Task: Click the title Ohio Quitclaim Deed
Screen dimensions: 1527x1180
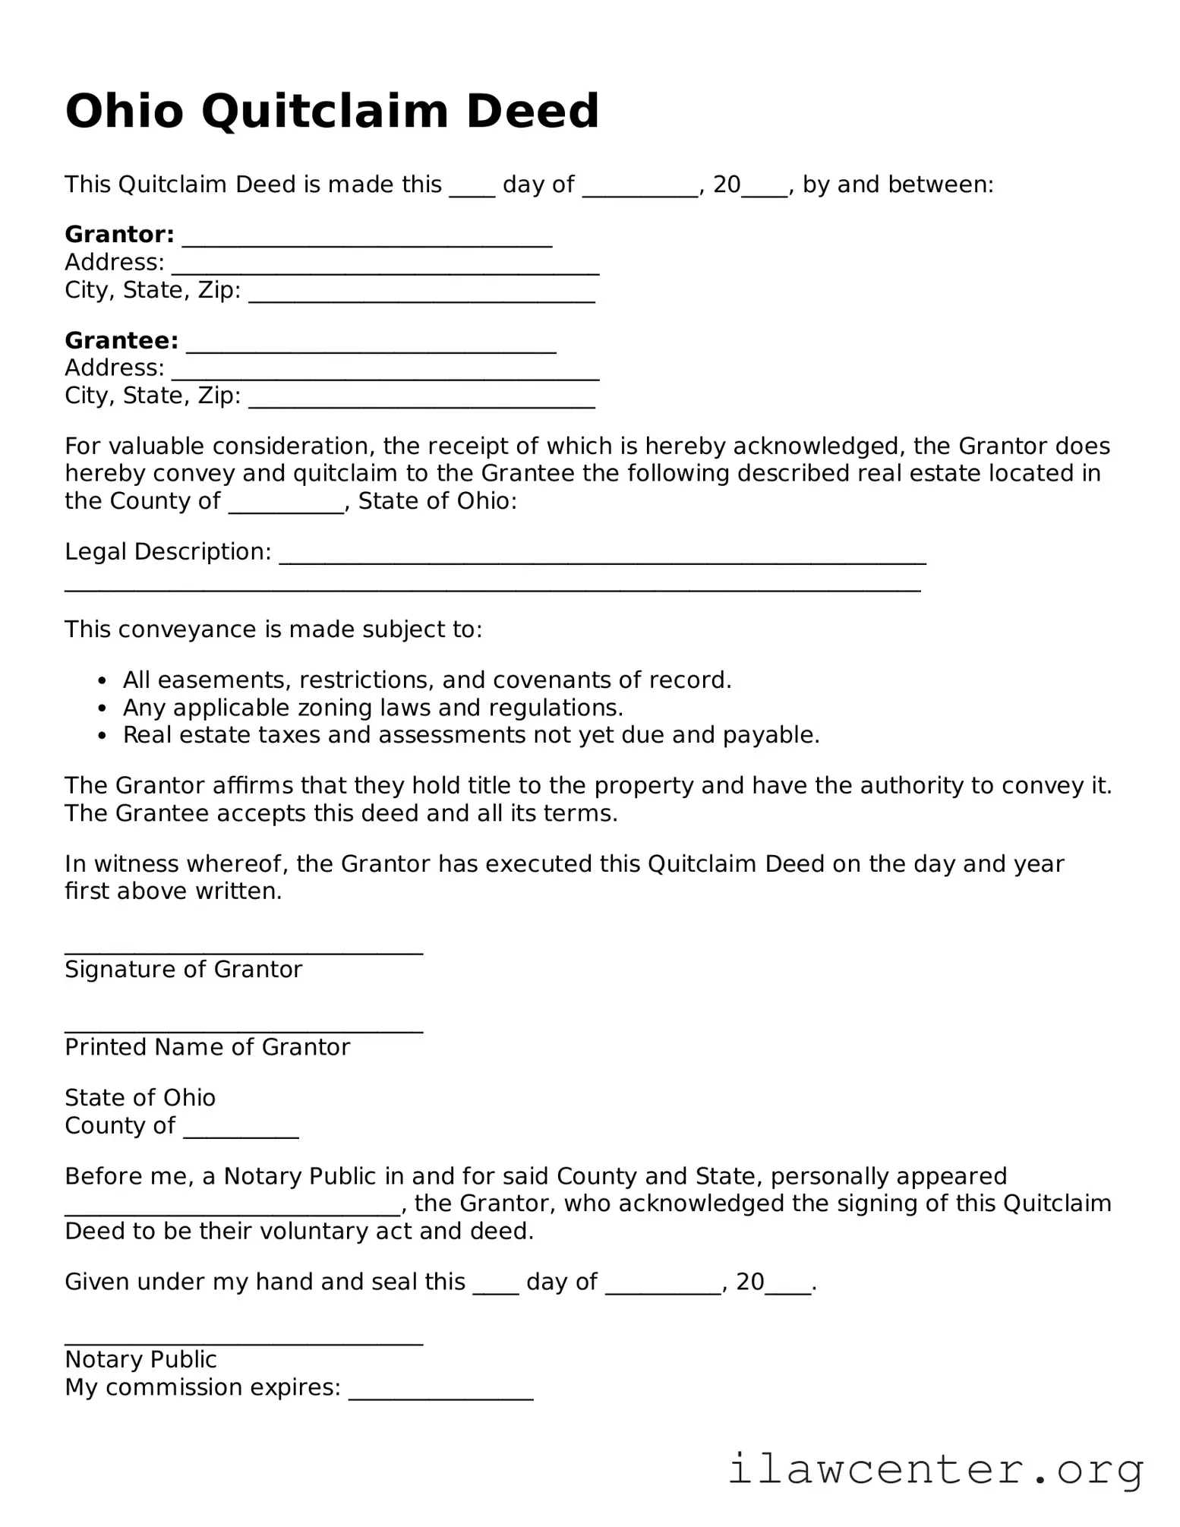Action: tap(332, 111)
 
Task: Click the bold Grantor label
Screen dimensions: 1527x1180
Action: tap(119, 234)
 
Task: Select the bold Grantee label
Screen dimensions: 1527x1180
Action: tap(121, 340)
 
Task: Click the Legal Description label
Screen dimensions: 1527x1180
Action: tap(168, 551)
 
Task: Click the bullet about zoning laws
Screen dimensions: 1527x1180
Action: tap(373, 708)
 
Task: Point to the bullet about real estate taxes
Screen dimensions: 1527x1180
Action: tap(471, 735)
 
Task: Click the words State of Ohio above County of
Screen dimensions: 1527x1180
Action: tap(140, 1097)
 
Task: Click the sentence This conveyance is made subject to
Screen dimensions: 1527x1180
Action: tap(273, 629)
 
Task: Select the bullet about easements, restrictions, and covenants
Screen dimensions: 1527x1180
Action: tap(427, 680)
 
